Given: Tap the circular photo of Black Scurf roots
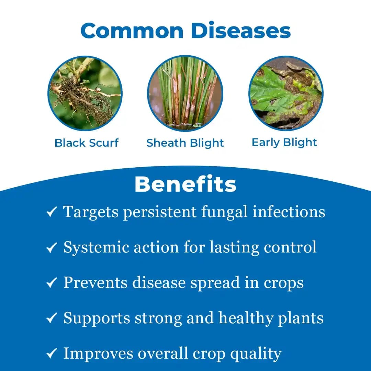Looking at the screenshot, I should point(85,93).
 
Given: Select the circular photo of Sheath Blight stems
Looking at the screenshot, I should point(185,93).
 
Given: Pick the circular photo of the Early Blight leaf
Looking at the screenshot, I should point(286,93).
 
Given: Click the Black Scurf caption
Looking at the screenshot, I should point(87,143).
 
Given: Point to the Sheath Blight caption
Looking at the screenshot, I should point(185,143).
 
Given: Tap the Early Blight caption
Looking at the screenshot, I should point(284,143).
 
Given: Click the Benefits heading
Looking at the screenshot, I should point(185,184).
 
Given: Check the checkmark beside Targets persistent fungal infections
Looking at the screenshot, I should point(52,212).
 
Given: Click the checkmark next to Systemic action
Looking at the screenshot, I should point(52,248).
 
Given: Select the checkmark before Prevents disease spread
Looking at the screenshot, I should point(52,283).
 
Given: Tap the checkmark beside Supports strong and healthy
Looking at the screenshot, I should point(52,318).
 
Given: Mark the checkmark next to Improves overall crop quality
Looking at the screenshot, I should point(52,354).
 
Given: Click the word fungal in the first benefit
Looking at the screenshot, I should point(225,212).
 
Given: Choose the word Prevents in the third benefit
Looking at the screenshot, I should point(96,283).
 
